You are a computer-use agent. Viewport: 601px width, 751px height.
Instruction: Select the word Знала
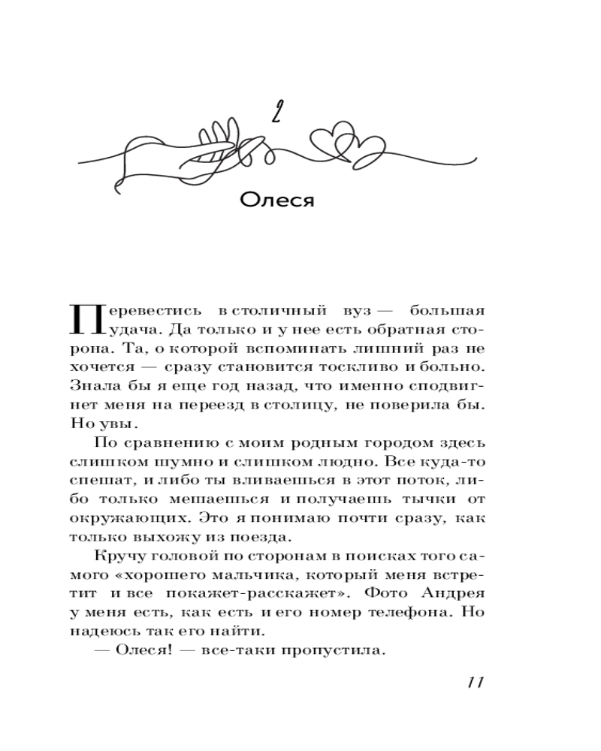click(x=92, y=388)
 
